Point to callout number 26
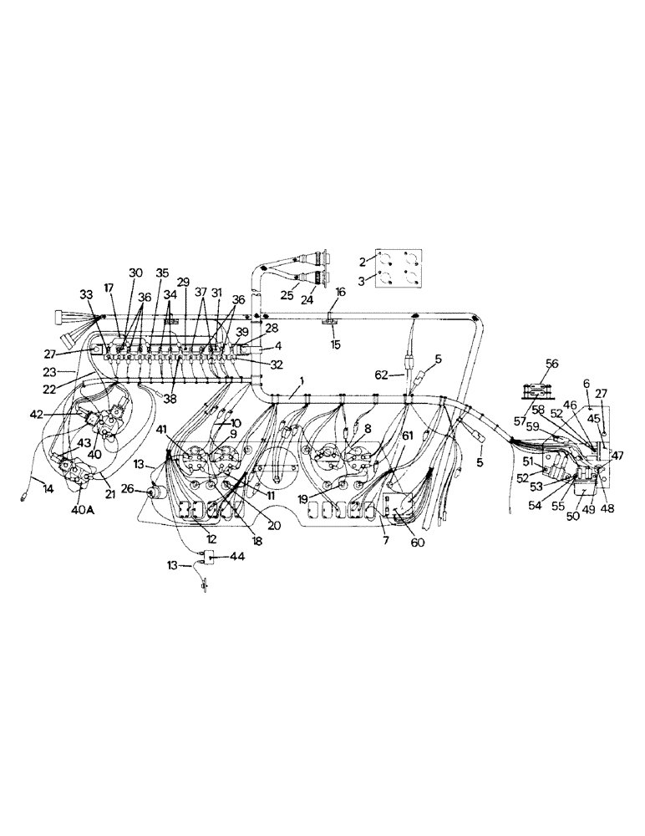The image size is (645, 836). [128, 490]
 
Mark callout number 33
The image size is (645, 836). [88, 294]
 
